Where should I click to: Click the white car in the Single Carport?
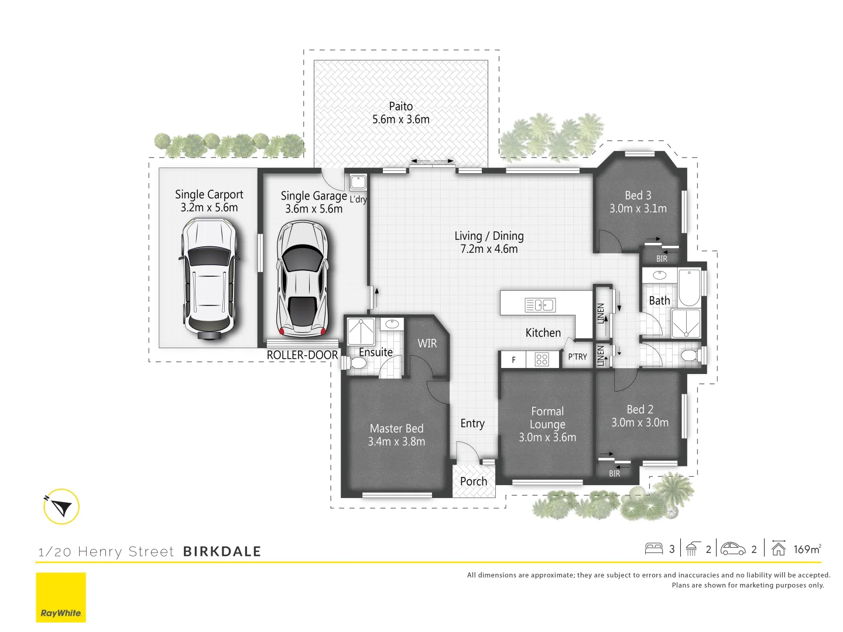208,279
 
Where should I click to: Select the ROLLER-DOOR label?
302,355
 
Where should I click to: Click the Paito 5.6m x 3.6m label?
401,113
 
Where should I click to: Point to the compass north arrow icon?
61,507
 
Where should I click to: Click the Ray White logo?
61,597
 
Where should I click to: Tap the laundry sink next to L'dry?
358,181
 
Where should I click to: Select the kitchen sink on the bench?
540,305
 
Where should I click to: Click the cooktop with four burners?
542,359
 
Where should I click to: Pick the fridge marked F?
513,359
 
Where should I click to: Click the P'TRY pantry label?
577,357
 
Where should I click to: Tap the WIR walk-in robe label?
427,344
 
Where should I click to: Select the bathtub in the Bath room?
689,287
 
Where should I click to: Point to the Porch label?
474,482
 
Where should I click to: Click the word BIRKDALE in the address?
222,551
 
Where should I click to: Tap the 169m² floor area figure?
807,549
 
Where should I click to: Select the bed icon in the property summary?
653,548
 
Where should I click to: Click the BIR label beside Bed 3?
662,259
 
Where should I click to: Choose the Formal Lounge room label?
547,424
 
